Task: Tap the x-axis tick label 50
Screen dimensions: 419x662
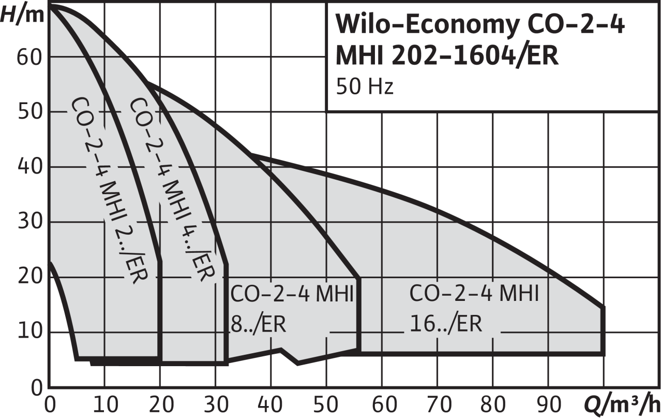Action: (x=326, y=403)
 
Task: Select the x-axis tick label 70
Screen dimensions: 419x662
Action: (x=437, y=403)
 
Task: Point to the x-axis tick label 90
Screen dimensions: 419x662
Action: (x=547, y=403)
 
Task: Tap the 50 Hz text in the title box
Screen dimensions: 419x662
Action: (x=365, y=87)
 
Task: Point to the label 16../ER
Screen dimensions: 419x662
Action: (x=446, y=325)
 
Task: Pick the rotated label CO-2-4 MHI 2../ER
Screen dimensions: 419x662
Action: (x=109, y=189)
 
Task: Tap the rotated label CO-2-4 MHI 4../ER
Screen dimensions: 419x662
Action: (x=171, y=189)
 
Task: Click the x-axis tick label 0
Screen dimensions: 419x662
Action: (x=50, y=403)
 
